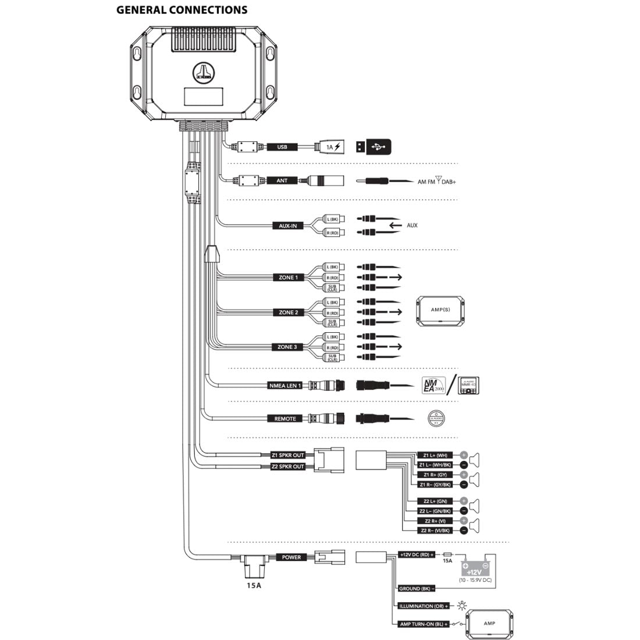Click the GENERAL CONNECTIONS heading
coord(182,10)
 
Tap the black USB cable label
coord(282,147)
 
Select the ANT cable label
coord(282,181)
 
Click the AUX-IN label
coord(287,226)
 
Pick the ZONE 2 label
coord(287,312)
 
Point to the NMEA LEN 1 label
coord(285,385)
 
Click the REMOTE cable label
coord(285,418)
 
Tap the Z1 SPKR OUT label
coord(288,455)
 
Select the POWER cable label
coord(291,557)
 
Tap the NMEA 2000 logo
coord(433,385)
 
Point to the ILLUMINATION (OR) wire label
coord(424,606)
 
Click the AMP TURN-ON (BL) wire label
coord(424,624)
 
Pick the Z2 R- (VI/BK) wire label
coord(435,531)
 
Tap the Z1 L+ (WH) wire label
coord(435,455)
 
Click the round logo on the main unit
coord(203,72)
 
